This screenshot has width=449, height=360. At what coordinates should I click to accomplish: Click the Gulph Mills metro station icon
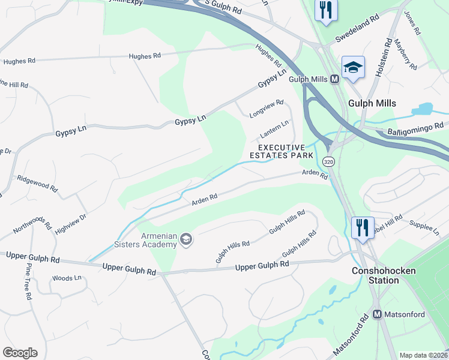click(x=335, y=79)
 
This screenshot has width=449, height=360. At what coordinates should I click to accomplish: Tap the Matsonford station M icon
click(x=378, y=314)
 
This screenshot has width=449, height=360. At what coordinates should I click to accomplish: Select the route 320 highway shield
click(x=327, y=162)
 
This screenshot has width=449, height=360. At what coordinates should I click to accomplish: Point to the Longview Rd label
click(x=266, y=109)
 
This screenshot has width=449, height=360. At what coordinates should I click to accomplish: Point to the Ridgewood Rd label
click(x=37, y=182)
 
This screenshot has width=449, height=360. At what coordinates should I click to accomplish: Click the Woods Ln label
click(x=66, y=278)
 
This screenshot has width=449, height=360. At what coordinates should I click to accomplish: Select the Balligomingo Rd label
click(x=415, y=127)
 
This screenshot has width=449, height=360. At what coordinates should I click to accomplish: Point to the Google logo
click(x=20, y=353)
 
